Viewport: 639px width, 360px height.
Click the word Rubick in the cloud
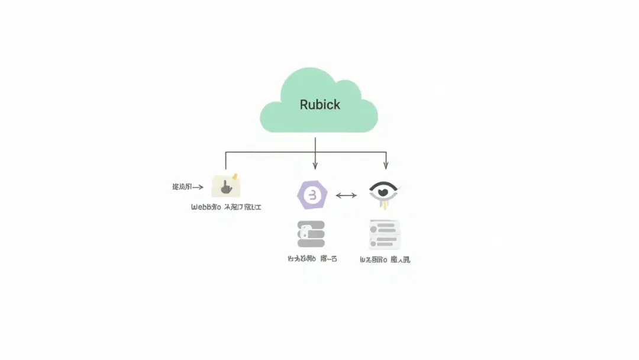click(x=319, y=105)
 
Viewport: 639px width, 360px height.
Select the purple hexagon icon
click(x=312, y=195)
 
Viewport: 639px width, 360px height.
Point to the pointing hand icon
click(x=226, y=187)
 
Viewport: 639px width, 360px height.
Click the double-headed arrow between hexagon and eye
click(x=346, y=195)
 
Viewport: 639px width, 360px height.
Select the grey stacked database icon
click(x=311, y=234)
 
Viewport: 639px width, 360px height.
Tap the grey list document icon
click(x=384, y=234)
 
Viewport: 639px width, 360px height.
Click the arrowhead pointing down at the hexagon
click(x=315, y=166)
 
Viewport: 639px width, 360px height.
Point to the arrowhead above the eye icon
click(x=386, y=166)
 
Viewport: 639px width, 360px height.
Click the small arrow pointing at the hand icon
click(x=199, y=187)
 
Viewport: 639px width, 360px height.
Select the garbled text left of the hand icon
click(x=181, y=187)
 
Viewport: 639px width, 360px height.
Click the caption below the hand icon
click(x=226, y=208)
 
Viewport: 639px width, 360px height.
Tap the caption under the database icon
click(x=312, y=259)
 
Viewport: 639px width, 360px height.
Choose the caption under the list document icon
click(x=385, y=259)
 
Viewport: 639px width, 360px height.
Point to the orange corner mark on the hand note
click(x=235, y=176)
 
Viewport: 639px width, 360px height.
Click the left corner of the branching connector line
click(x=225, y=152)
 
